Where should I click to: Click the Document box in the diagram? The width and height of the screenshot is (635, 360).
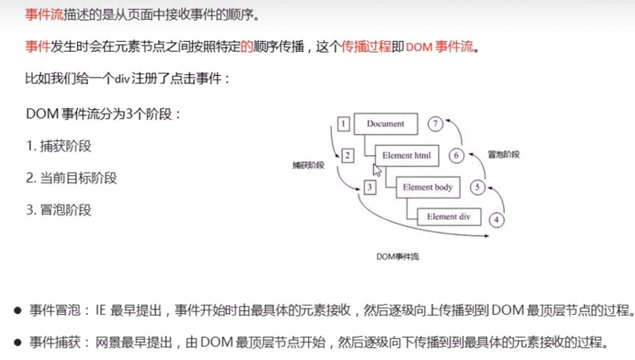click(386, 124)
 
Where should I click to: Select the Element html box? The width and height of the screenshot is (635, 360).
click(407, 156)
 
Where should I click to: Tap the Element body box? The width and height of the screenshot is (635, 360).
click(428, 187)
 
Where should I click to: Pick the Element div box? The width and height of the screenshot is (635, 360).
click(448, 217)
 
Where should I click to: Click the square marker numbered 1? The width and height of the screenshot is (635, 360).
click(344, 124)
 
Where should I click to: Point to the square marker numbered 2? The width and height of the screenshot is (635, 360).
click(347, 156)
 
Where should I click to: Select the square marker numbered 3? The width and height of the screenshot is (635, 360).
click(370, 188)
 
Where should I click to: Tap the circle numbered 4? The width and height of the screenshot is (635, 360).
click(496, 220)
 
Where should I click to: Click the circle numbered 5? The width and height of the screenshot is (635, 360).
click(477, 188)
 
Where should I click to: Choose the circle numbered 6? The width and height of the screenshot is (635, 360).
click(456, 156)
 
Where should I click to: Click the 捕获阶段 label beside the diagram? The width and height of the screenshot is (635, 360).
click(308, 165)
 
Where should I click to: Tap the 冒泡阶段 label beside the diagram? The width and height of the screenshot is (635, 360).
click(504, 155)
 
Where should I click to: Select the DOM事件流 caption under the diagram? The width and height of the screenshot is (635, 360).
click(397, 256)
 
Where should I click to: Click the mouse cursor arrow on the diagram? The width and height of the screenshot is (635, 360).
click(377, 169)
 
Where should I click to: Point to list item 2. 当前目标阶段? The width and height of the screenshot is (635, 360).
click(71, 178)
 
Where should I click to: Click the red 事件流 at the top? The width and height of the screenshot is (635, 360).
click(44, 15)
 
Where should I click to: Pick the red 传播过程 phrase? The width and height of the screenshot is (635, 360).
click(367, 47)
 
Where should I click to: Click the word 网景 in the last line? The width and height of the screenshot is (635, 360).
click(107, 343)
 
